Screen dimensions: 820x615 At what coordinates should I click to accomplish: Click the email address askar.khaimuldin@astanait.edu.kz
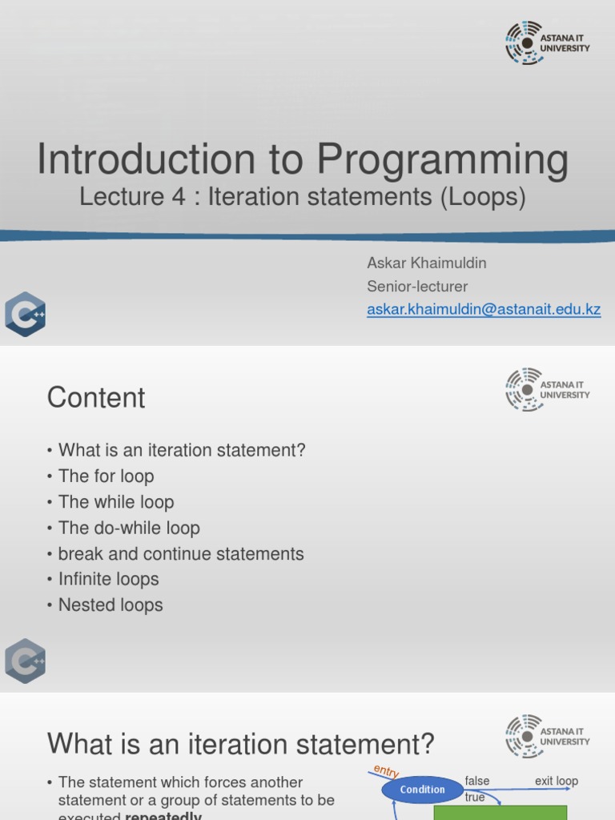(483, 309)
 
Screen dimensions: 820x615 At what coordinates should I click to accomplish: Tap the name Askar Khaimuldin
(426, 263)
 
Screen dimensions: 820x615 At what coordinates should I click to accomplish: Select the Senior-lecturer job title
(417, 286)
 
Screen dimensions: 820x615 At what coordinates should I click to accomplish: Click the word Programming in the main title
(442, 159)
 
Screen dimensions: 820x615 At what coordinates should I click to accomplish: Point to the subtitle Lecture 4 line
(302, 197)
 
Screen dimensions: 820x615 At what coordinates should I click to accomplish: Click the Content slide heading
(96, 397)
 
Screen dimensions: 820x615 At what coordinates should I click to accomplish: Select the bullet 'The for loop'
(106, 476)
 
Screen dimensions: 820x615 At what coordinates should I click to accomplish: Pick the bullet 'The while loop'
(116, 502)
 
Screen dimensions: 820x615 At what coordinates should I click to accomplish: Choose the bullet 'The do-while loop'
(129, 528)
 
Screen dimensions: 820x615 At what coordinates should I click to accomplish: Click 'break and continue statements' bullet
(181, 553)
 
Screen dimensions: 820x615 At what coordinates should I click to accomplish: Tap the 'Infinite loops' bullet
(109, 579)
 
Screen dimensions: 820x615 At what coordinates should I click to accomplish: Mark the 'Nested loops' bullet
(111, 605)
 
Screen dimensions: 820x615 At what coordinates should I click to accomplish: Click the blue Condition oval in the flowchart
(422, 790)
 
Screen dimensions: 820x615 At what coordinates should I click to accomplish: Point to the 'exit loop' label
(557, 781)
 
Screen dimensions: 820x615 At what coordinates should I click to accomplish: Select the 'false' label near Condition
(476, 781)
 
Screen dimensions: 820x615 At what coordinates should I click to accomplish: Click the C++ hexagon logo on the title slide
(25, 314)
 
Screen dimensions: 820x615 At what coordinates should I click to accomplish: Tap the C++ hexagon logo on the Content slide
(25, 661)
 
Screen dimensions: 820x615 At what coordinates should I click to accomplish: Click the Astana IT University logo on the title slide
(547, 42)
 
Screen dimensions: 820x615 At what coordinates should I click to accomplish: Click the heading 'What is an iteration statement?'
(240, 744)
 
